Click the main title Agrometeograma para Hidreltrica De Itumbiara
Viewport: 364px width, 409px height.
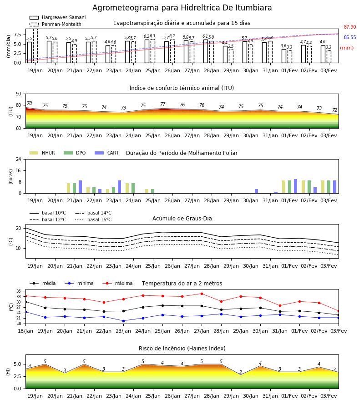182,8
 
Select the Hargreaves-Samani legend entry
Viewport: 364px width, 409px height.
58,17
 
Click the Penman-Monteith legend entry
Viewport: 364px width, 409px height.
56,24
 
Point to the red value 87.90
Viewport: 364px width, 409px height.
350,27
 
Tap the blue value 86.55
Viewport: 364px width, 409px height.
350,38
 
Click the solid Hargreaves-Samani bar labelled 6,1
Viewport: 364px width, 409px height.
206,51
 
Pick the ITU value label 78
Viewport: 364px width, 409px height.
29,103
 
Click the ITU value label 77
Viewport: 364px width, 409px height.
163,104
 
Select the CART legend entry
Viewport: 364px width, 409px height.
107,153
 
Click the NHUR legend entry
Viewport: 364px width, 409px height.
42,153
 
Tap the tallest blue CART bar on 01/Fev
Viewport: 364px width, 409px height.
296,186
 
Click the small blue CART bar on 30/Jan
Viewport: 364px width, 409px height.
257,191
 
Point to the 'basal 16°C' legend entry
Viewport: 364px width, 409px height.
93,219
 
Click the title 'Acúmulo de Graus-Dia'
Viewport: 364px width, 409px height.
182,219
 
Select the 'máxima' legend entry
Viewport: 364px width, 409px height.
117,283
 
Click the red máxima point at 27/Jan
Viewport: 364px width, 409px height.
202,294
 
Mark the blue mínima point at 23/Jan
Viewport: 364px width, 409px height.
123,321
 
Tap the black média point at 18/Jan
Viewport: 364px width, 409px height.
25,302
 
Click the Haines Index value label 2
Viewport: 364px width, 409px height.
241,372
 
